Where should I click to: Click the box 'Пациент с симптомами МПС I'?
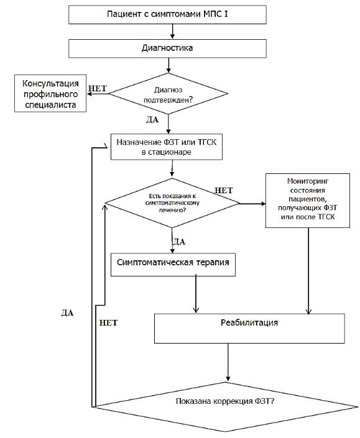click(167, 14)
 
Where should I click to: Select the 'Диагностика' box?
click(167, 48)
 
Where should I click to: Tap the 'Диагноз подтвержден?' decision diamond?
click(168, 94)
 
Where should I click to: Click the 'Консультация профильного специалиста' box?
click(50, 94)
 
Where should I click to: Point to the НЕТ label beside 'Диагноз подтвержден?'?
click(98, 88)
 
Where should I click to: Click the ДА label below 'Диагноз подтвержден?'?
click(152, 119)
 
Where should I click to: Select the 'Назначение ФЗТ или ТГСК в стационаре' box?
click(167, 147)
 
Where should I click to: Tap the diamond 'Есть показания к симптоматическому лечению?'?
click(172, 203)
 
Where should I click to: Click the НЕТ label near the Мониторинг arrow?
click(224, 190)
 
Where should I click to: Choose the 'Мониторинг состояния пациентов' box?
click(308, 201)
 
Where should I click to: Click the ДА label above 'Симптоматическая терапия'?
click(179, 241)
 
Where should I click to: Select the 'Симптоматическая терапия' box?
click(173, 265)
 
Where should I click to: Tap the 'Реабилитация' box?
click(249, 329)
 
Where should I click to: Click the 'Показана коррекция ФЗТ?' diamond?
click(225, 407)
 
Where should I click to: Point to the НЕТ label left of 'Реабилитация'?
click(108, 322)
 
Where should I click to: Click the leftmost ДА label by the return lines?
click(67, 313)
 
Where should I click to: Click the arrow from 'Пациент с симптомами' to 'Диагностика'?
click(172, 31)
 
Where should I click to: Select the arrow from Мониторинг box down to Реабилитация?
click(308, 271)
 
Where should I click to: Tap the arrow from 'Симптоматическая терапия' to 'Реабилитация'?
click(196, 294)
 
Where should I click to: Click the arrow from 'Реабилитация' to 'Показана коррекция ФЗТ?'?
click(228, 363)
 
